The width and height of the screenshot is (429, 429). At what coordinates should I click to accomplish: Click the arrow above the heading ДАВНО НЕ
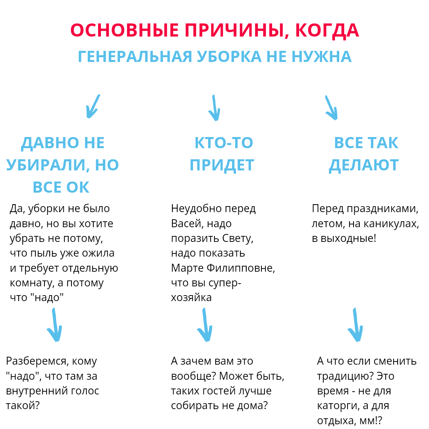92,106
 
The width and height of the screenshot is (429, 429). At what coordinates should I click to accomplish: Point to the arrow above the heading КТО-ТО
214,108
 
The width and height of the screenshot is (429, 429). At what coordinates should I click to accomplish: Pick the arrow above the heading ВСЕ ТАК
331,108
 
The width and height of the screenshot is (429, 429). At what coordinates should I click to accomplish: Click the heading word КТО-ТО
224,143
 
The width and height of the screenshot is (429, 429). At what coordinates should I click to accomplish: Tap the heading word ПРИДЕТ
222,165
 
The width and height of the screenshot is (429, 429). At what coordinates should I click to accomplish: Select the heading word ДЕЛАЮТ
363,165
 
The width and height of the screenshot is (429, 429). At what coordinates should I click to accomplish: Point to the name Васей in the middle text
186,224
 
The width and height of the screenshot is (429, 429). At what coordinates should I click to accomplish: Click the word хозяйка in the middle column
191,298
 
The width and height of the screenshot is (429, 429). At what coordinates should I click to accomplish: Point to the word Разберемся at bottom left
35,361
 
